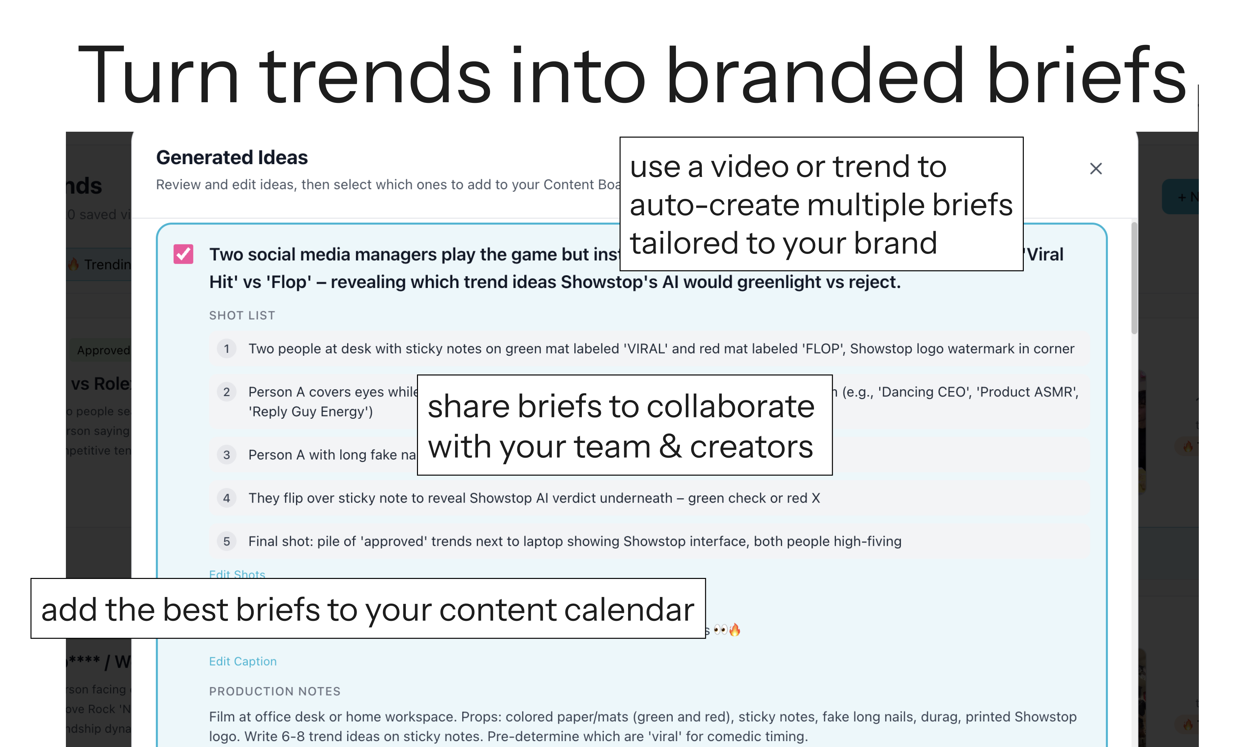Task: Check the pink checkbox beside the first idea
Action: click(x=183, y=254)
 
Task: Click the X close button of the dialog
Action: click(x=1095, y=169)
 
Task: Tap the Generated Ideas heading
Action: click(x=232, y=158)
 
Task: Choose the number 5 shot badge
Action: click(x=227, y=541)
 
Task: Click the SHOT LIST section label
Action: click(x=242, y=316)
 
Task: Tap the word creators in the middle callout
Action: click(x=751, y=447)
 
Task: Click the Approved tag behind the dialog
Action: click(x=104, y=350)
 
